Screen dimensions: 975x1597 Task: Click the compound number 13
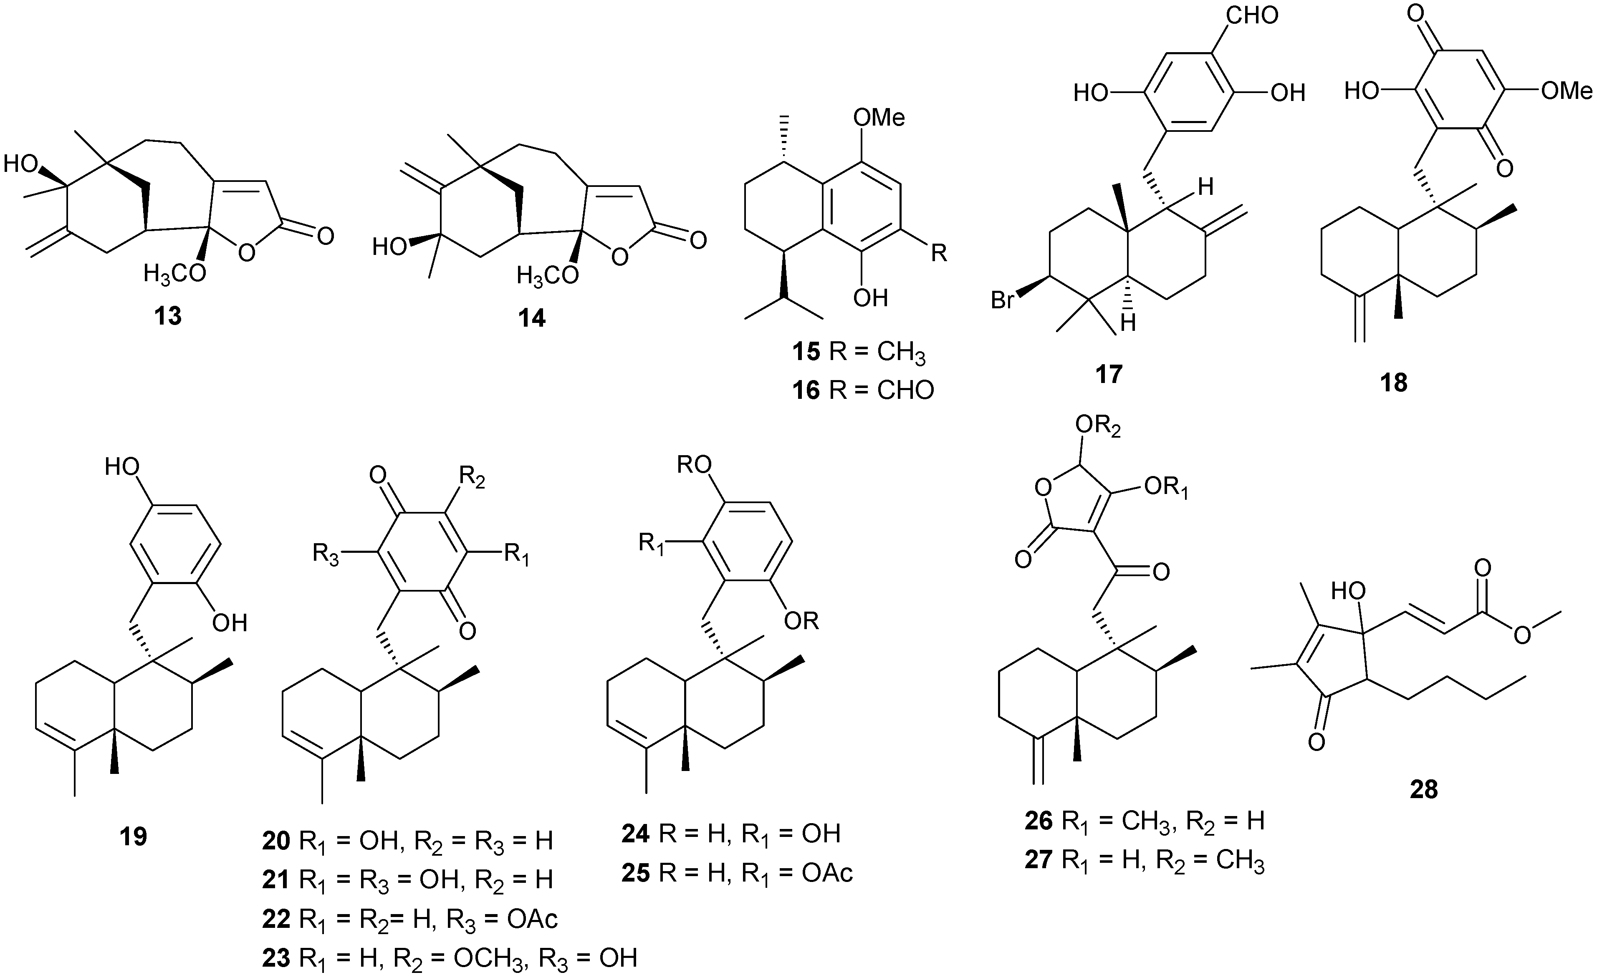[x=168, y=316]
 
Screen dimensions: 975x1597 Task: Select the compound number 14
[x=531, y=318]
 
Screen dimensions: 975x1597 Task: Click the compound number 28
[x=1423, y=789]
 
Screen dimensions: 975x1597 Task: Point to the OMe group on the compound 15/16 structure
[x=879, y=117]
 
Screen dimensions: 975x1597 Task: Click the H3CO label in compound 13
[x=174, y=274]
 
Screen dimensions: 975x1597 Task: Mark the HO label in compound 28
[x=1348, y=591]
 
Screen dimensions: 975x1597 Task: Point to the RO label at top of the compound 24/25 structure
[x=694, y=464]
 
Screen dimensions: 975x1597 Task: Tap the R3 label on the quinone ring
[x=325, y=555]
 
